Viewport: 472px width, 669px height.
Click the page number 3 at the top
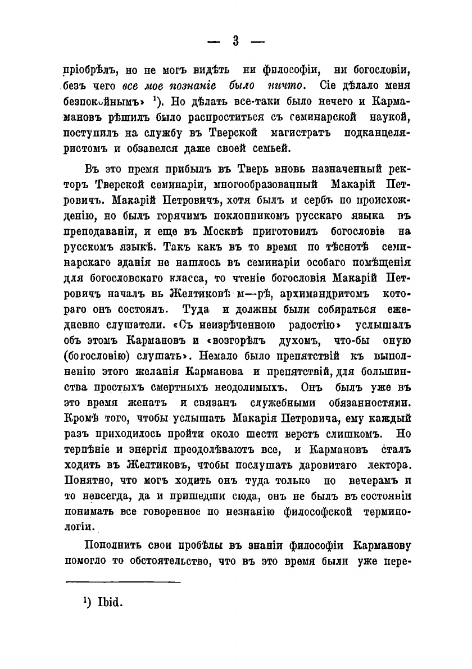point(236,42)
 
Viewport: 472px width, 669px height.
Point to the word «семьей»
point(273,148)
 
